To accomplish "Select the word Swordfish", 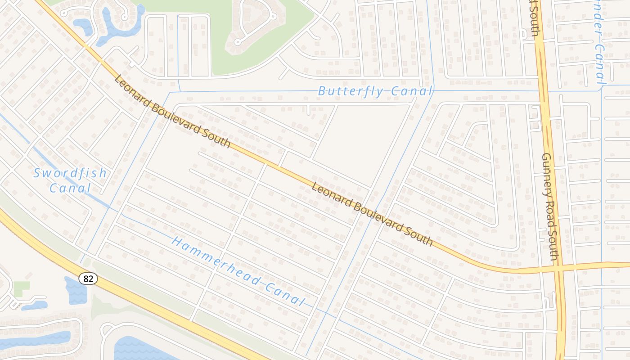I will [x=70, y=173].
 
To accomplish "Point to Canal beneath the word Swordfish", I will [x=70, y=188].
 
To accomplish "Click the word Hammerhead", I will [x=209, y=261].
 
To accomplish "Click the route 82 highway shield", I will [x=88, y=279].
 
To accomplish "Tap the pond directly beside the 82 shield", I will [x=76, y=291].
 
